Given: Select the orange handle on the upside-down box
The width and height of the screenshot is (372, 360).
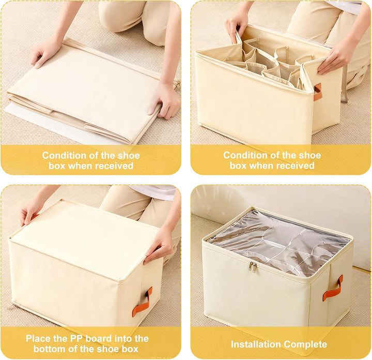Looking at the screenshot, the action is click(x=143, y=302).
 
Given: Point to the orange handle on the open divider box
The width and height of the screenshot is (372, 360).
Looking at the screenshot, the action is click(x=317, y=92).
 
